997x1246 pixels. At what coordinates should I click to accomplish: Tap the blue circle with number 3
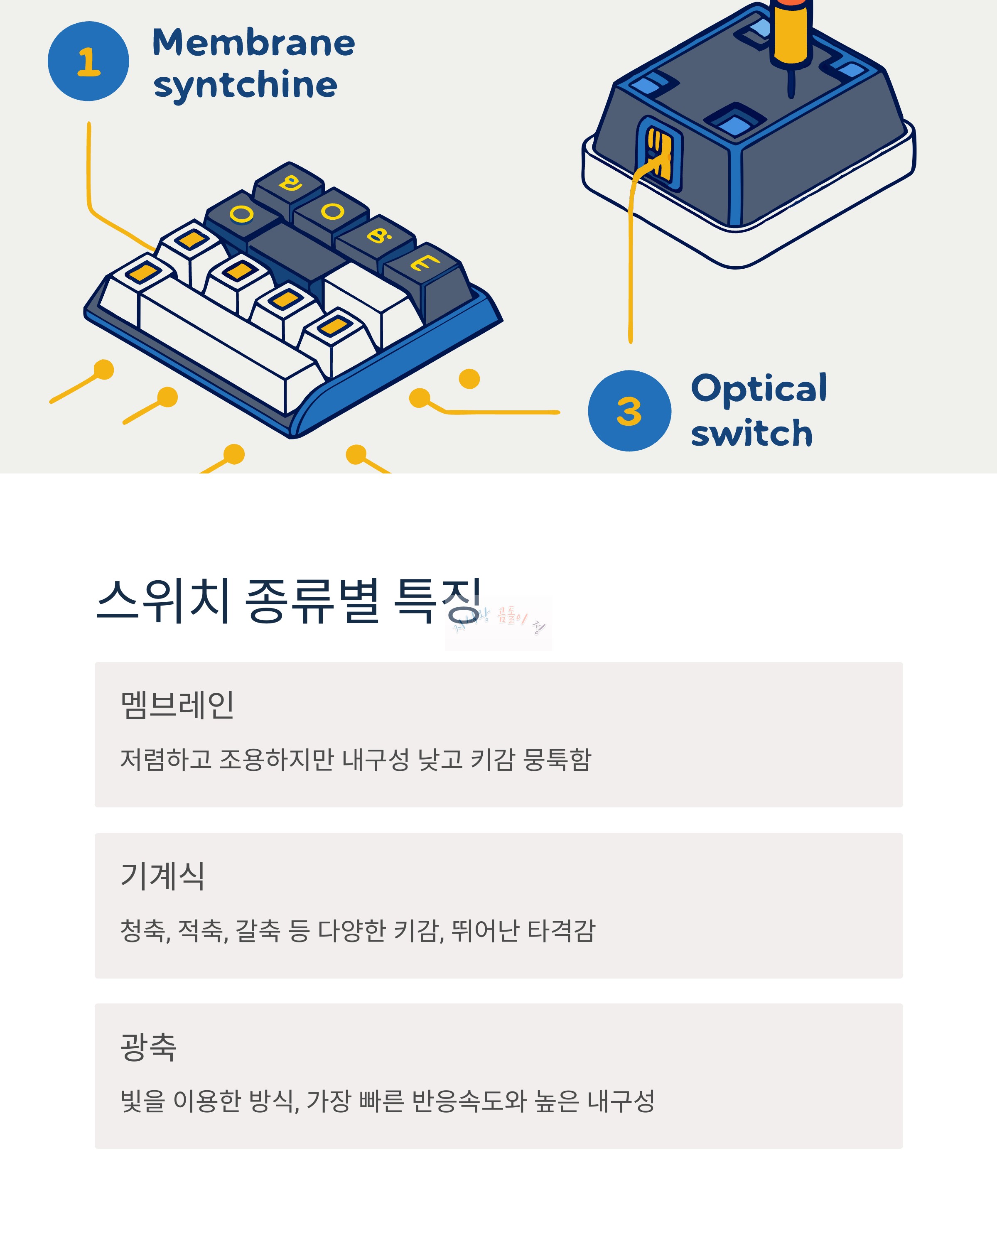[x=629, y=411]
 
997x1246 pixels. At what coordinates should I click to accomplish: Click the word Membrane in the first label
[x=253, y=43]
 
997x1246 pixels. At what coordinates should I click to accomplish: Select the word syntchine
[x=245, y=86]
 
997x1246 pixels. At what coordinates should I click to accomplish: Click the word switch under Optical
[x=751, y=434]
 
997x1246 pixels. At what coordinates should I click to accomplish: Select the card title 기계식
[x=162, y=876]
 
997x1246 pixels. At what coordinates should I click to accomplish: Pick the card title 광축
[x=148, y=1047]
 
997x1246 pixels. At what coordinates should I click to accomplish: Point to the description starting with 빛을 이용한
[x=387, y=1101]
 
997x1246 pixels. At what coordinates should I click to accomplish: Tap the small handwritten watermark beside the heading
[x=498, y=623]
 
